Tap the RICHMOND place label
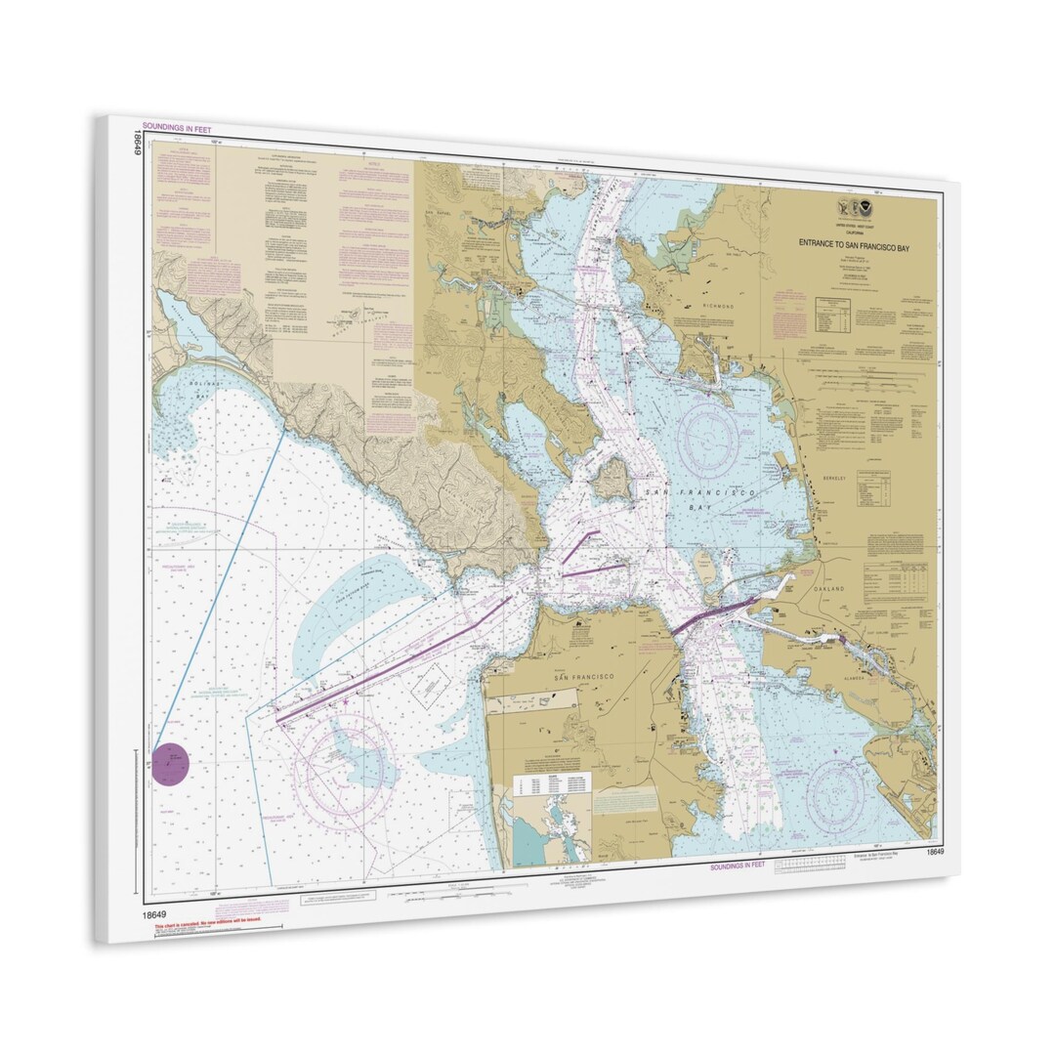(x=718, y=307)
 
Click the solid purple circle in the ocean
(x=171, y=764)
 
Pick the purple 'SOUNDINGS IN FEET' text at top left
(x=177, y=127)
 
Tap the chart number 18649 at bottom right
(x=935, y=853)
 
